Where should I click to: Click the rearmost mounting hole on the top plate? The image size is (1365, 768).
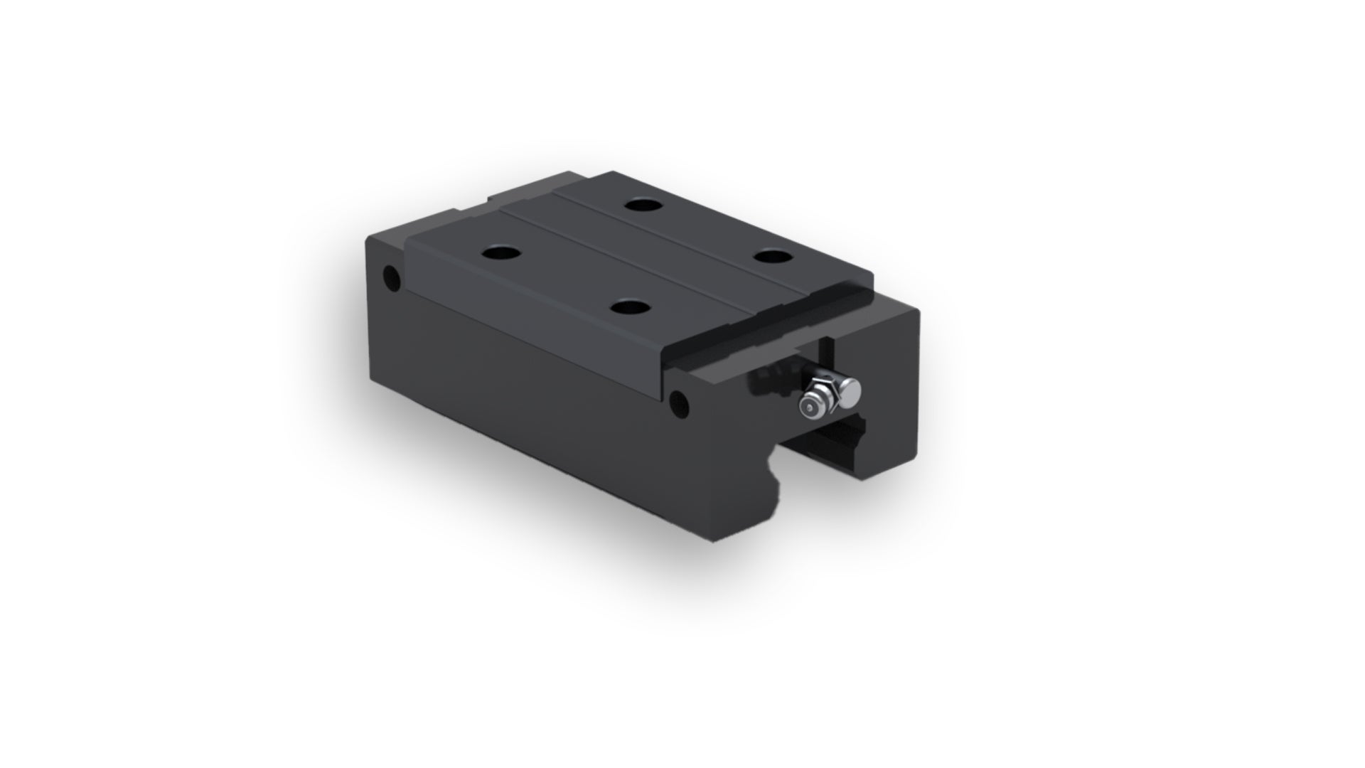[643, 206]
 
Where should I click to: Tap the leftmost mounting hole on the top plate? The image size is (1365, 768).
[500, 252]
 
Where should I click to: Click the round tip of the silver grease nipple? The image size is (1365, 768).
[809, 407]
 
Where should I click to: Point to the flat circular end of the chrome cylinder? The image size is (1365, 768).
[850, 393]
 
